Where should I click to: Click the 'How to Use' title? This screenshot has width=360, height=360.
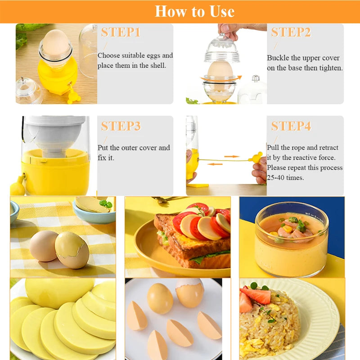[x=194, y=11]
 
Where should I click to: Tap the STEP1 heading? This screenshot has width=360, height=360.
[x=121, y=32]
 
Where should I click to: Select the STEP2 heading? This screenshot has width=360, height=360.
[x=291, y=32]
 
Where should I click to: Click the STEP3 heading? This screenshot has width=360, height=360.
[x=121, y=126]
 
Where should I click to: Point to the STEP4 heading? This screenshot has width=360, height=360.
[x=291, y=126]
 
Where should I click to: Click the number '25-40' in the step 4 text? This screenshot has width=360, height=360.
[x=277, y=178]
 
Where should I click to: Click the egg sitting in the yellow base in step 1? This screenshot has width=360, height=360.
[x=56, y=43]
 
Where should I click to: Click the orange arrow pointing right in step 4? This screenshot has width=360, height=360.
[x=231, y=157]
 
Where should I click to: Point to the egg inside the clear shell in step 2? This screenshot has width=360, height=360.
[x=220, y=71]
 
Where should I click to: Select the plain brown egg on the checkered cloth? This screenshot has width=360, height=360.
[x=44, y=246]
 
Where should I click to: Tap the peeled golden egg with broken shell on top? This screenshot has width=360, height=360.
[x=190, y=292]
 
